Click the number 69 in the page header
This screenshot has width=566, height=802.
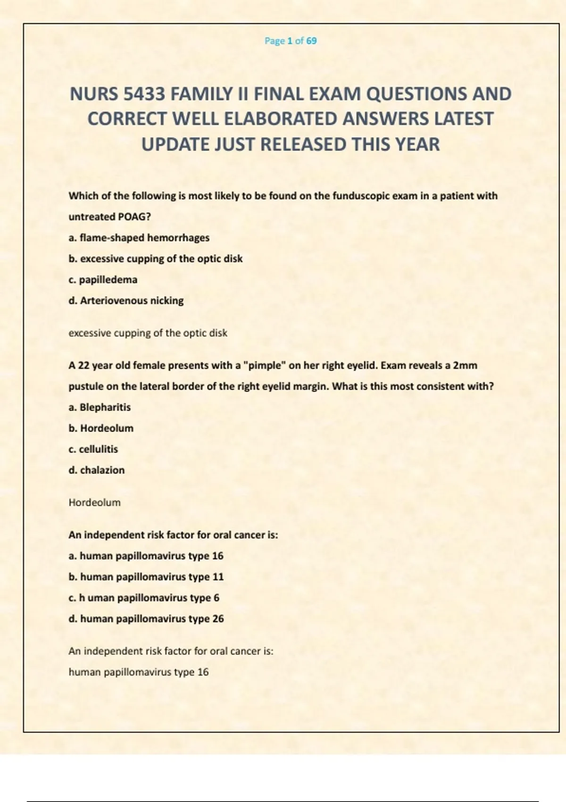click(311, 41)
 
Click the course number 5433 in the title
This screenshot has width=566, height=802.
click(144, 94)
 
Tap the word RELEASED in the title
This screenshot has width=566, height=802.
click(302, 144)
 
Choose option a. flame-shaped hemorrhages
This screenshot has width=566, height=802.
click(139, 238)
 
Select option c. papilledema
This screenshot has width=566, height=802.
click(103, 280)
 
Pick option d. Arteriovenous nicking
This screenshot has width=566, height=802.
click(126, 301)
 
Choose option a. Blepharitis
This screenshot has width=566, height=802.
click(100, 407)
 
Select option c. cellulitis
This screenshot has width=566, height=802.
click(93, 449)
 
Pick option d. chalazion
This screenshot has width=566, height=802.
click(97, 470)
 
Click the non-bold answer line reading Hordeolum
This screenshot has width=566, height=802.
click(94, 502)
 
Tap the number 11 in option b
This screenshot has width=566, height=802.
click(218, 577)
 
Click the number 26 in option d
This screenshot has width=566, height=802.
click(218, 619)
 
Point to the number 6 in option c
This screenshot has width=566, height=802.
click(216, 598)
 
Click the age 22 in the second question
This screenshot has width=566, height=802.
click(84, 366)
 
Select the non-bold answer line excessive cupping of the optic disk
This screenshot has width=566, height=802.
click(148, 333)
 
